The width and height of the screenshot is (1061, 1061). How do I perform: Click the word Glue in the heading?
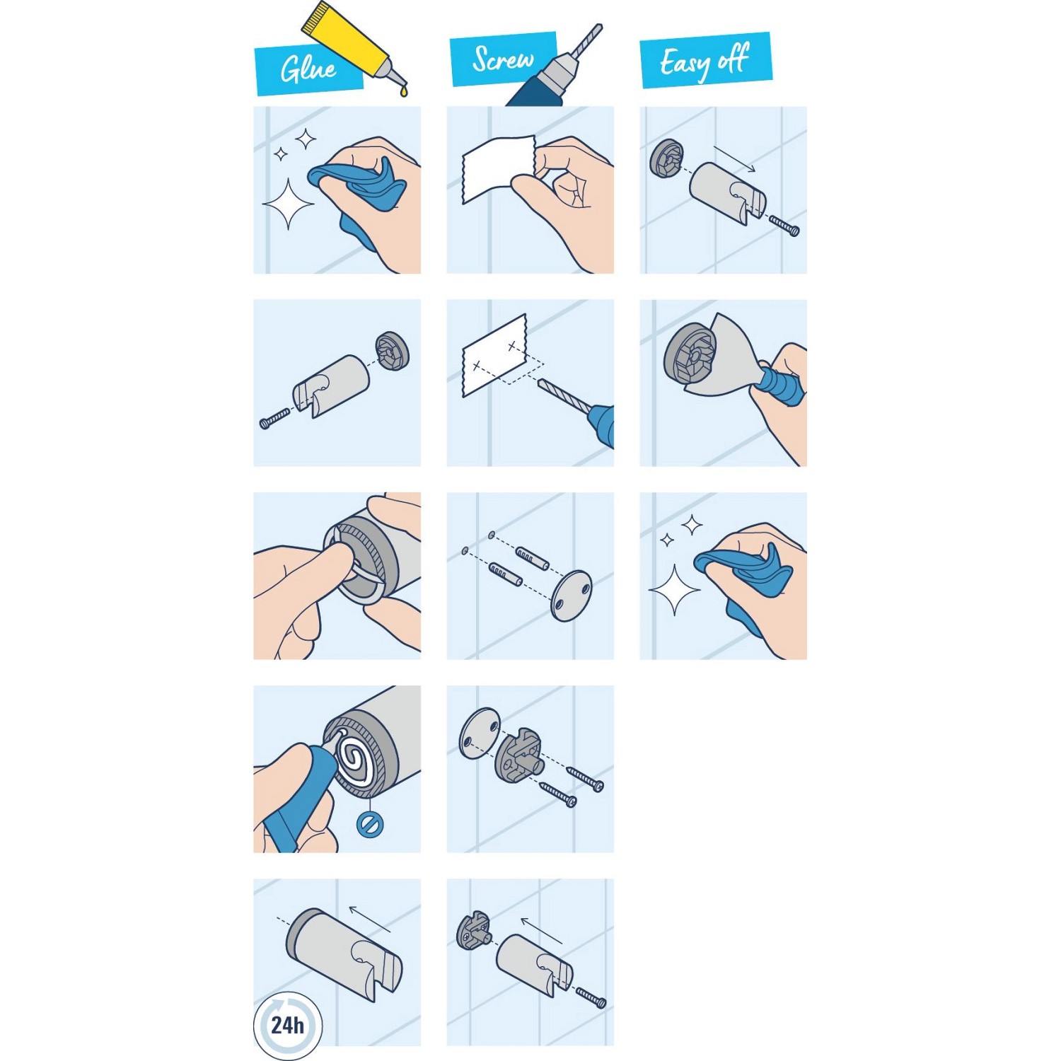[308, 69]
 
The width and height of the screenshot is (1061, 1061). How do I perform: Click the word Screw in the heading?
[503, 59]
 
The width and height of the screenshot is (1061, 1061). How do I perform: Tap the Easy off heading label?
[705, 62]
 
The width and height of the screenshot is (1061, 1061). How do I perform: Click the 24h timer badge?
[287, 1025]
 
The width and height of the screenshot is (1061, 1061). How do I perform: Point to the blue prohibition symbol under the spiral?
[369, 824]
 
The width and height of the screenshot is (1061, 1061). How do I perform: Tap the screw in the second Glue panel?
[275, 419]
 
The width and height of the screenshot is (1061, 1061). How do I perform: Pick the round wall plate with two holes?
[572, 595]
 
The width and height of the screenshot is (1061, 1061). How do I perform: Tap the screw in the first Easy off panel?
[784, 226]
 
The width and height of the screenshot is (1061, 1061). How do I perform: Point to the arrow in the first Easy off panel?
[735, 158]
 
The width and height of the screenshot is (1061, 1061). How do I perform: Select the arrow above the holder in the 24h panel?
[369, 919]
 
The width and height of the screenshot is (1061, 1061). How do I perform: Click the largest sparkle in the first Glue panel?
[289, 204]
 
